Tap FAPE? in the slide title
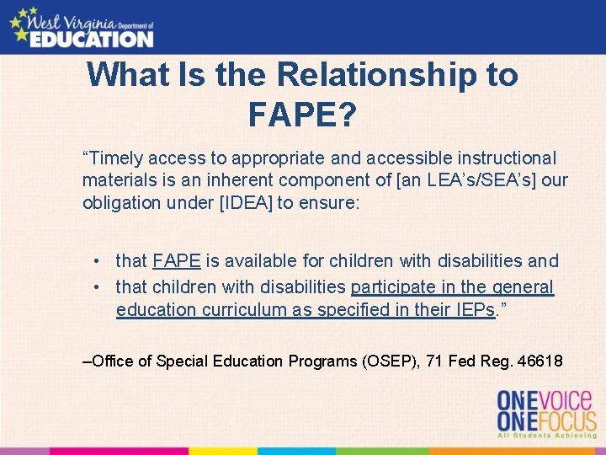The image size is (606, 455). (302, 114)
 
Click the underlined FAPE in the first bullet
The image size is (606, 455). (177, 261)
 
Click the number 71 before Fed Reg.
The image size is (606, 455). (434, 361)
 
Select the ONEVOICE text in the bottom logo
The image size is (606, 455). (546, 399)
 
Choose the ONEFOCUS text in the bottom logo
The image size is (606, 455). (546, 420)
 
